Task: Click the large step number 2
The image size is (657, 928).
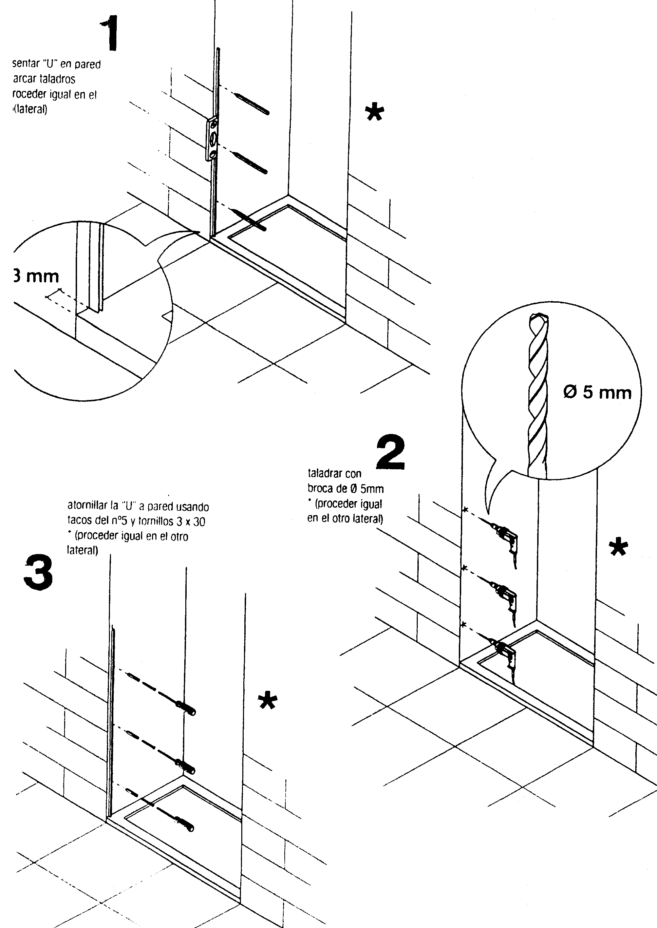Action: click(x=390, y=453)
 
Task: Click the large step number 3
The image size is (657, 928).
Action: click(x=38, y=572)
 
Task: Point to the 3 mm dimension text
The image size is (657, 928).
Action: click(x=36, y=277)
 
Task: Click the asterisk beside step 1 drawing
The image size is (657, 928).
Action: click(x=374, y=112)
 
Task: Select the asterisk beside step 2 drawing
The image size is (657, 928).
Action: click(x=618, y=548)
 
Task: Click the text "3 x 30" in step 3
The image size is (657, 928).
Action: click(x=190, y=522)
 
